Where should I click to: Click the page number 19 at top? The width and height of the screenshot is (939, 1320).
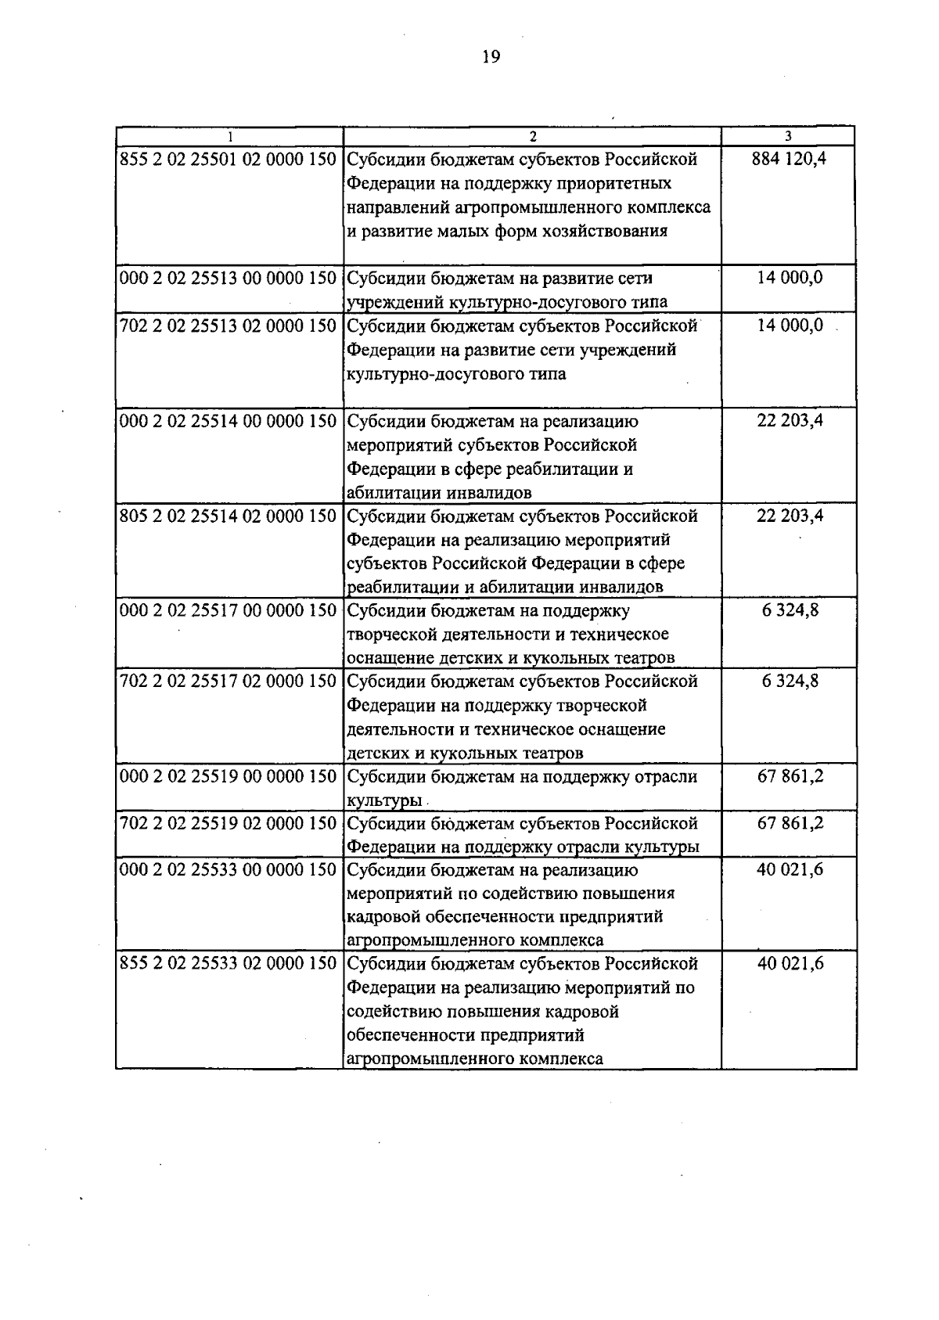(x=491, y=56)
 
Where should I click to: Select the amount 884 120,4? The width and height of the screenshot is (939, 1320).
(x=790, y=160)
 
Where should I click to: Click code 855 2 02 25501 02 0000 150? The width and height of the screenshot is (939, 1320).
(x=228, y=160)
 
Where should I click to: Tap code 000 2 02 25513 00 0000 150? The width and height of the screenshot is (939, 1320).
(x=228, y=279)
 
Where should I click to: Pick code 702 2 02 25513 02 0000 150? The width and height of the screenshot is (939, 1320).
(x=228, y=326)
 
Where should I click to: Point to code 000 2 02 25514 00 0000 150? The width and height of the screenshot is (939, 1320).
(x=228, y=421)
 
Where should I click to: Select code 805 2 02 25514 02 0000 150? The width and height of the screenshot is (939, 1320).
(x=228, y=516)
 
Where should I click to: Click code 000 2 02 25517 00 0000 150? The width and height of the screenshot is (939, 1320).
(x=228, y=610)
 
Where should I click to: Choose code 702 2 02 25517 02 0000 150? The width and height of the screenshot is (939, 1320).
(x=228, y=682)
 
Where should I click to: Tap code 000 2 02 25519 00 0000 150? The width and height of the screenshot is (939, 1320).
(x=228, y=776)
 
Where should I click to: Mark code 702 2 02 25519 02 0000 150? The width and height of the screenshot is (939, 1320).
(x=228, y=823)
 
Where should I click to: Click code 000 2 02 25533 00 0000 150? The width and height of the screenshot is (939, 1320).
(x=228, y=869)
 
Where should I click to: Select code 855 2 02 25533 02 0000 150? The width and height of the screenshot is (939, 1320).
(x=228, y=963)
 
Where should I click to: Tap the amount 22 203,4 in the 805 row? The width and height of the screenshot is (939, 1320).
(x=790, y=516)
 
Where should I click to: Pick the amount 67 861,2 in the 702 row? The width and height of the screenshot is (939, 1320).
(x=790, y=823)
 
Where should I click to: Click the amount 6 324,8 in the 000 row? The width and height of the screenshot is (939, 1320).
(x=790, y=610)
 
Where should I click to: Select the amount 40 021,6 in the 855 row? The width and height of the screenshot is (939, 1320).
(x=790, y=963)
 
